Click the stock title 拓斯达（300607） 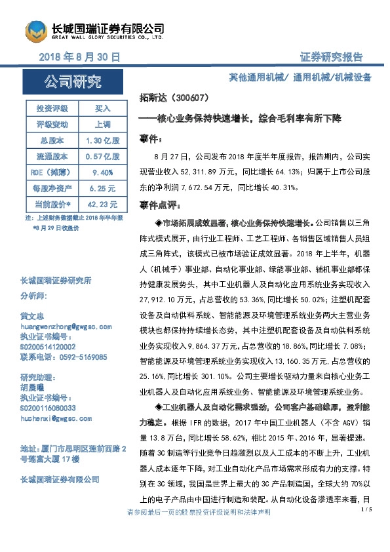(x=174, y=98)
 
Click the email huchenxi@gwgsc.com (x=56, y=418)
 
